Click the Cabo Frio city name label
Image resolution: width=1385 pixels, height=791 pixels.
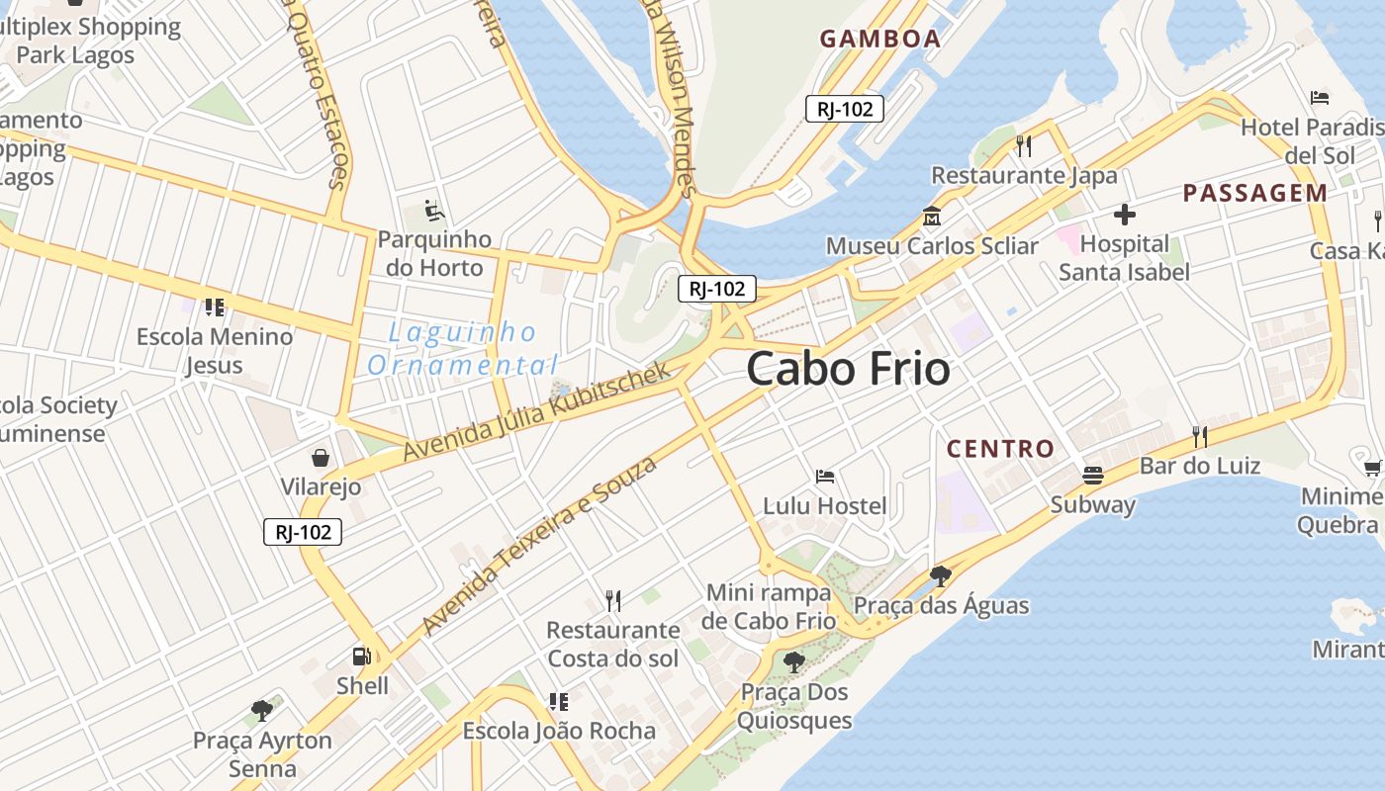848,369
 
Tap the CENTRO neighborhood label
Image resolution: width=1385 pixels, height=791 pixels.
1000,449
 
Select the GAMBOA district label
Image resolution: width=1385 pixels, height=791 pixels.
879,39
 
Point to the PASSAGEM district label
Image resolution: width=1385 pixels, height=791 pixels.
1254,193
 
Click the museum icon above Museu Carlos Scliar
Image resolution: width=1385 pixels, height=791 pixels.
931,215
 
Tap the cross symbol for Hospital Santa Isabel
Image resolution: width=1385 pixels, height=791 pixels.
1124,214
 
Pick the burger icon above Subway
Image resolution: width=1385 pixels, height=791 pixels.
1092,475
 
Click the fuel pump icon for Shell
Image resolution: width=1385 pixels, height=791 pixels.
362,656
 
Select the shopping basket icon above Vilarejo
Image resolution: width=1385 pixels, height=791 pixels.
321,457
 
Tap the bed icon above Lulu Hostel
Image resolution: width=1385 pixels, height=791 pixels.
824,476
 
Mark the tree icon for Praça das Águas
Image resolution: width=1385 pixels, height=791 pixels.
940,575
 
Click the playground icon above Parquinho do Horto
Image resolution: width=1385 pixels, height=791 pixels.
434,210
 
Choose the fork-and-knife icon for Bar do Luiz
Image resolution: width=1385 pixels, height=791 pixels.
1200,435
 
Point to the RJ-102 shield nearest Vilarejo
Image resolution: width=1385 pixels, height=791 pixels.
303,532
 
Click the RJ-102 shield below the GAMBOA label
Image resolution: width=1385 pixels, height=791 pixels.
844,109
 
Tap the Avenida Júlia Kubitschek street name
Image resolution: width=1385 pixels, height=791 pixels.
536,410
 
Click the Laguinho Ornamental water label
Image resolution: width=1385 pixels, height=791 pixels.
462,348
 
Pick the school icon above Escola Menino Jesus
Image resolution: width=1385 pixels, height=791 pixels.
215,307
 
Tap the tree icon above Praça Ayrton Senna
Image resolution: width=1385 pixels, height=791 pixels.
262,710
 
